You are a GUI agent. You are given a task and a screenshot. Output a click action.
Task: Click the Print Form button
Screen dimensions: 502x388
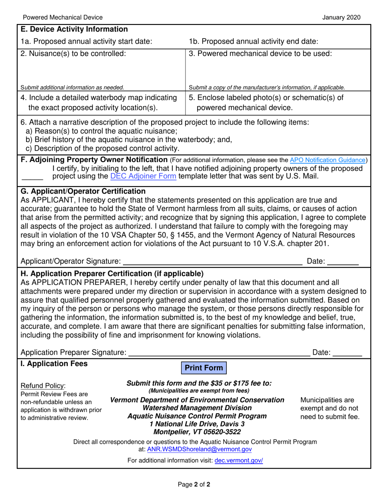pyautogui.click(x=203, y=368)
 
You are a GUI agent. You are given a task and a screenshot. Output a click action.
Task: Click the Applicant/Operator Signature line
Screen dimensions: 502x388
pyautogui.click(x=212, y=262)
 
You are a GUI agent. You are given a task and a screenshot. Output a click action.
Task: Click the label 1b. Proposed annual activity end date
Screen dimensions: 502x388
pyautogui.click(x=254, y=41)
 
